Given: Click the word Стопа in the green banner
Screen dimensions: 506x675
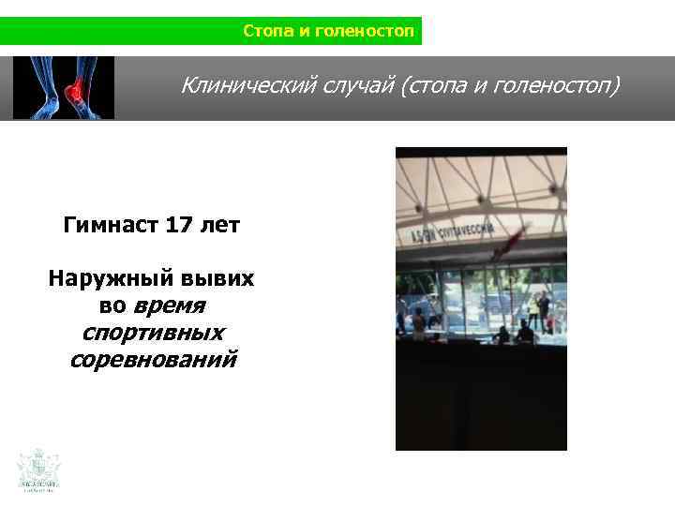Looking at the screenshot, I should (266, 31).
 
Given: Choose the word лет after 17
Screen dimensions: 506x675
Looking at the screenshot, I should (221, 226).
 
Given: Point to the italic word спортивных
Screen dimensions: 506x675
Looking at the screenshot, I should (154, 333).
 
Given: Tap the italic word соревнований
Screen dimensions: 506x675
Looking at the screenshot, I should (154, 360).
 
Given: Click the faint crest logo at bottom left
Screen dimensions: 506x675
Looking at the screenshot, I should (38, 469).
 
